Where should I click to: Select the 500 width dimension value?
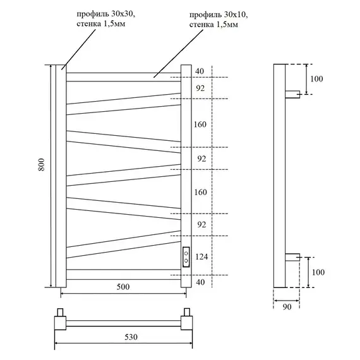[123, 287]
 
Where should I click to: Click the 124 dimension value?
[201, 256]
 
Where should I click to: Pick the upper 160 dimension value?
[201, 124]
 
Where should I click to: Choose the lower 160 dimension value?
[201, 192]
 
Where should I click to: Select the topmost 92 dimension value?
[201, 89]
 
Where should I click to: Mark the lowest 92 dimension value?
[201, 224]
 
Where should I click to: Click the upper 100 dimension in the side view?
[317, 79]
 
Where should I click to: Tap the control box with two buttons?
[186, 257]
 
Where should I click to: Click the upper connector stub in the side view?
[293, 95]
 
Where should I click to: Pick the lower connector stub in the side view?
[293, 256]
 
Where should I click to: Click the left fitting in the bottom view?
[61, 319]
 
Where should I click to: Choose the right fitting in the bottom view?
[187, 319]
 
